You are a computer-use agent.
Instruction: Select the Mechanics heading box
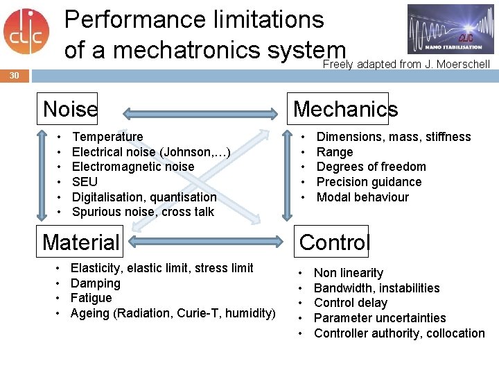(x=345, y=108)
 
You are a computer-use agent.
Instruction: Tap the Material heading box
(x=81, y=242)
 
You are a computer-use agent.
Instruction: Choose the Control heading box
(x=334, y=242)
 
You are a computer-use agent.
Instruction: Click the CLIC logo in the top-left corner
(x=26, y=31)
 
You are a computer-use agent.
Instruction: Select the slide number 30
(x=15, y=75)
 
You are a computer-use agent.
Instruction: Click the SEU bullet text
(x=85, y=182)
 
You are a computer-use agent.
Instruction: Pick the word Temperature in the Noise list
(x=107, y=137)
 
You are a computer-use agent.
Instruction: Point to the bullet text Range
(x=335, y=152)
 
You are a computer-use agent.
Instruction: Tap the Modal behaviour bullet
(x=362, y=197)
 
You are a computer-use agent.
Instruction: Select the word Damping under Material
(x=96, y=283)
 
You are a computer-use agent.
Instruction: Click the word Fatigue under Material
(x=91, y=298)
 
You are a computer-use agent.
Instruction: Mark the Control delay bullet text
(x=351, y=303)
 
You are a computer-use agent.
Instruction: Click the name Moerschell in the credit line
(x=462, y=65)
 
